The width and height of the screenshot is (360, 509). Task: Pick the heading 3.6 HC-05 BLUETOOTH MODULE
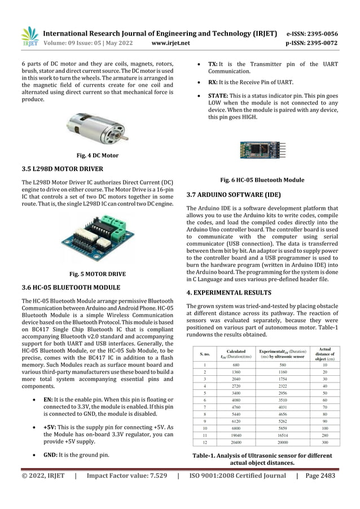tap(71, 288)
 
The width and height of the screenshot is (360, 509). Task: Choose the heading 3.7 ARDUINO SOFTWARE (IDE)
tap(233, 195)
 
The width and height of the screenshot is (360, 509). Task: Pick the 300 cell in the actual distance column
tap(324, 444)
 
